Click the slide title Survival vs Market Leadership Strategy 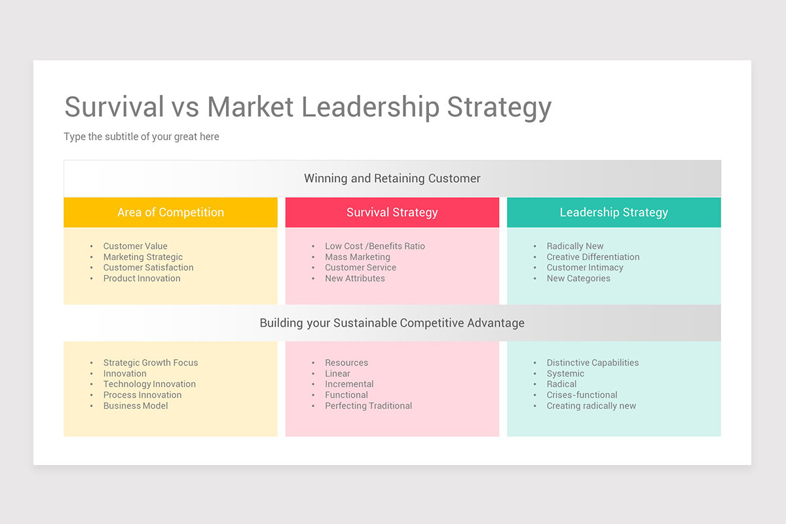point(308,107)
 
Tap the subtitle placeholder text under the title point(141,137)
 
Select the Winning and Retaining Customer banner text point(392,178)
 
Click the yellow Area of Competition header point(170,212)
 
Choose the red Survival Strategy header point(392,212)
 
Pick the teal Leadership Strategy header point(614,212)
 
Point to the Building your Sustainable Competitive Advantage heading point(392,323)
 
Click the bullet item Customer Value point(135,246)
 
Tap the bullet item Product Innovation point(141,278)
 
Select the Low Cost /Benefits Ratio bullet point(375,246)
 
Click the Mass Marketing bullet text point(357,257)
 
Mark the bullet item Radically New point(575,246)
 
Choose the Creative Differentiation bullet point(593,257)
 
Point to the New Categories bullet point(578,278)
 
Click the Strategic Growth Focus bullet point(150,363)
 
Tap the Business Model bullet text point(136,406)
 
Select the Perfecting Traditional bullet point(368,406)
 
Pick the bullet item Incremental point(349,384)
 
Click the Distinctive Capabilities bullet point(592,363)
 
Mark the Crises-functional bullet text point(582,395)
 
